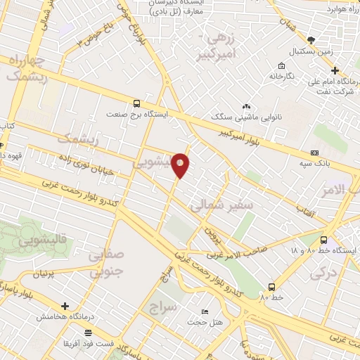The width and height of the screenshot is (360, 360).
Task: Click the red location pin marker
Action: tap(181, 164)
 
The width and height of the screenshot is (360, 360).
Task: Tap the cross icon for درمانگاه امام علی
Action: tap(335, 70)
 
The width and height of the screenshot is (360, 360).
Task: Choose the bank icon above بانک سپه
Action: tap(314, 153)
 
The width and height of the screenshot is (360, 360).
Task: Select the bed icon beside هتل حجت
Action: tap(205, 311)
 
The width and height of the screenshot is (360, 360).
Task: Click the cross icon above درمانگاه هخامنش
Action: tap(65, 307)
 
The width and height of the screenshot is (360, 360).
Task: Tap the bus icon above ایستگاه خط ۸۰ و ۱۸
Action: tap(323, 239)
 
